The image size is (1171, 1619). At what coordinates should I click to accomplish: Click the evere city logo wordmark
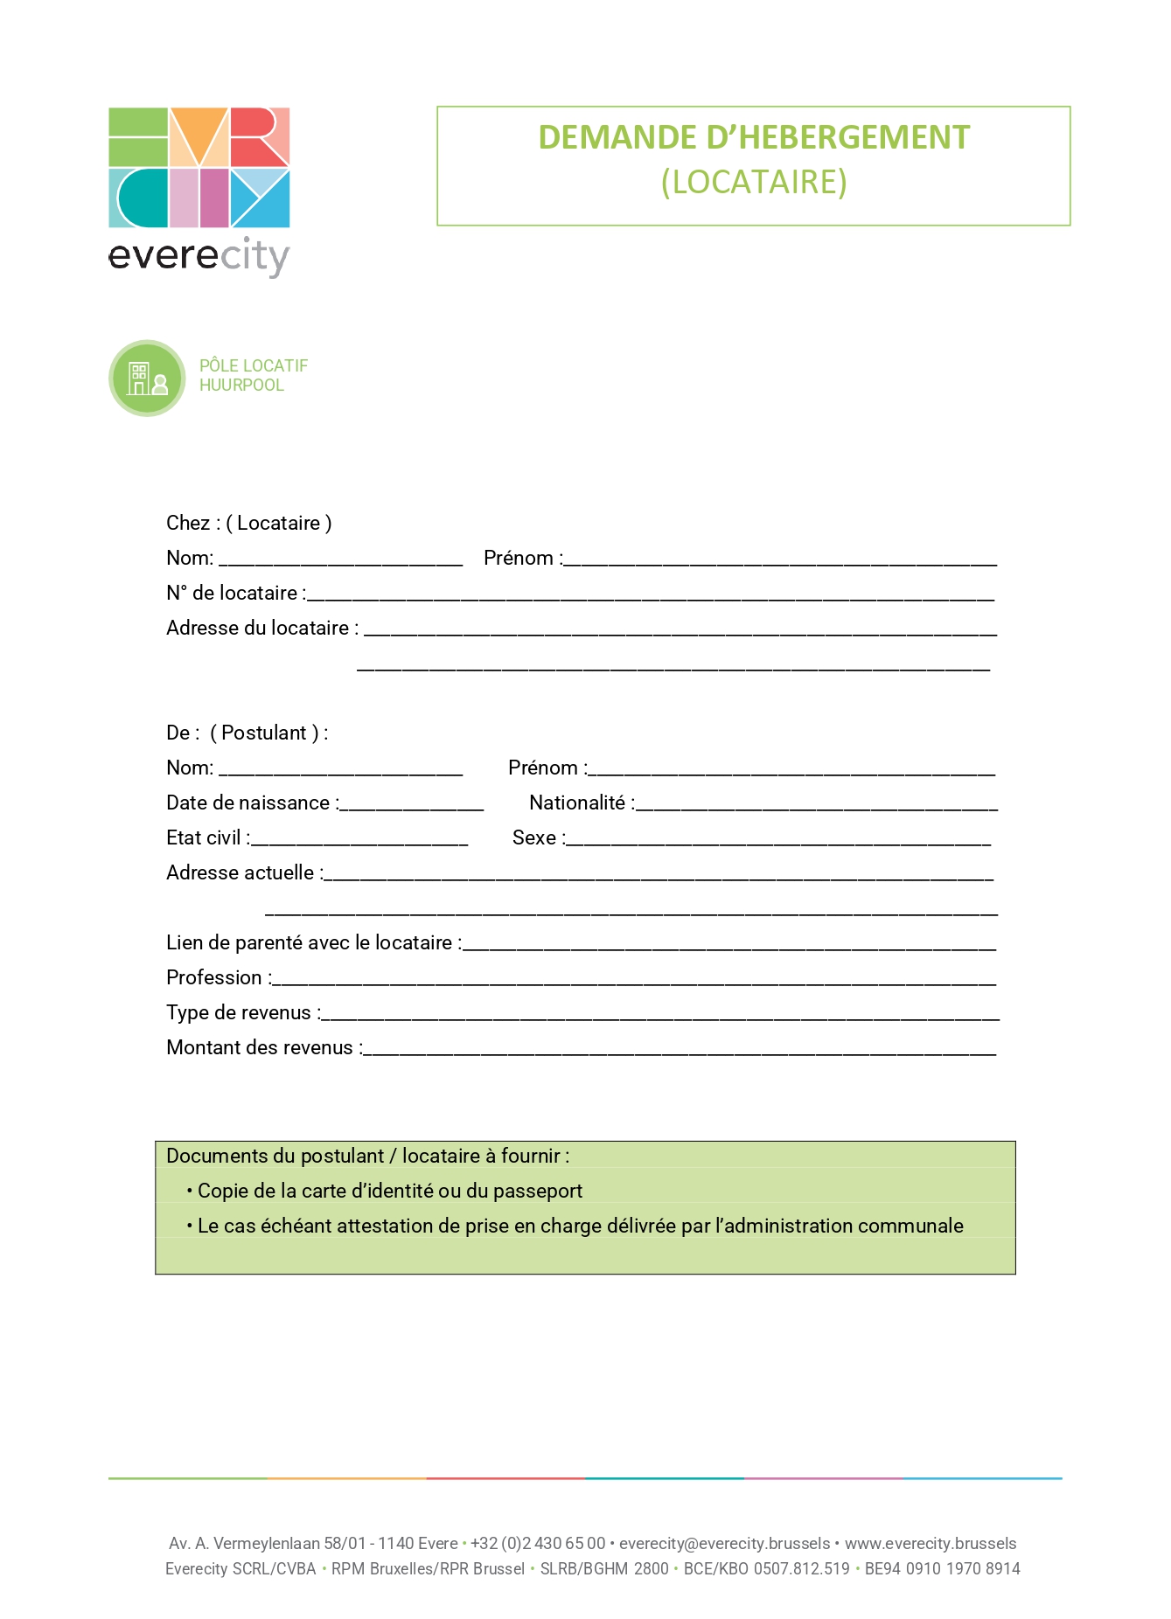click(199, 256)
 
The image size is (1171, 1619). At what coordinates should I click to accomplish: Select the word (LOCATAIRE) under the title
click(754, 182)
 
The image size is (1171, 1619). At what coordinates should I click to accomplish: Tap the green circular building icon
click(147, 378)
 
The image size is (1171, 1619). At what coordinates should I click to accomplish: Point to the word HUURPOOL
click(241, 386)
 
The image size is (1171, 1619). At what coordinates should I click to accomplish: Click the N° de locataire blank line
click(651, 598)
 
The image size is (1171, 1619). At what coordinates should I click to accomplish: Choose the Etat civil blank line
click(359, 843)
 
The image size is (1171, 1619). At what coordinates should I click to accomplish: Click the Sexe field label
click(535, 837)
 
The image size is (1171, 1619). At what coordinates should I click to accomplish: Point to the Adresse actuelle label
click(241, 872)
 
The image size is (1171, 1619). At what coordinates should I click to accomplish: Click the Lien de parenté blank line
click(729, 948)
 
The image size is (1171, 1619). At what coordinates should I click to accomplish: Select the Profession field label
click(215, 977)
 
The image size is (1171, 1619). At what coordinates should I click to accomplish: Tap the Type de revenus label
click(240, 1012)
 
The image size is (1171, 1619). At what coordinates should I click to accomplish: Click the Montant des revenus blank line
click(680, 1053)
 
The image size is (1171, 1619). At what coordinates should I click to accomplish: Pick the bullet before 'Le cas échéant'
click(189, 1226)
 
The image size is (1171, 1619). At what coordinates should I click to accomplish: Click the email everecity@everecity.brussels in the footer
click(724, 1544)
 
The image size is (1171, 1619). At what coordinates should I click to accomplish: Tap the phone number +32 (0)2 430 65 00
click(538, 1544)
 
